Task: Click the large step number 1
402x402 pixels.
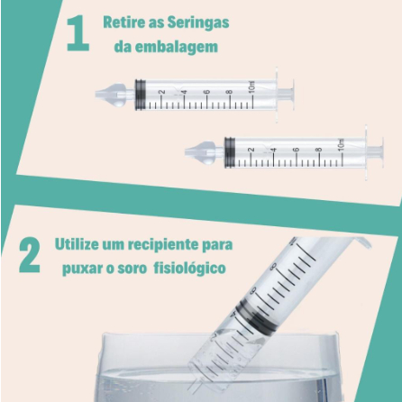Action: (78, 33)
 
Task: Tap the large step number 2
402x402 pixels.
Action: (30, 255)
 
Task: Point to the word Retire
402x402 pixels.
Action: (122, 23)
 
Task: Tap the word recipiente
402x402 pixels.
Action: (160, 245)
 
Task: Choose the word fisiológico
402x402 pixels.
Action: (189, 269)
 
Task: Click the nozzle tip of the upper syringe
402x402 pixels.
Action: (96, 95)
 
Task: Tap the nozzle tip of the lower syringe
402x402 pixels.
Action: (187, 152)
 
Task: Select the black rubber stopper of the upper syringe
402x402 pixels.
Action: (140, 95)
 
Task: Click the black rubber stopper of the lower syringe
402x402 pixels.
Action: (230, 152)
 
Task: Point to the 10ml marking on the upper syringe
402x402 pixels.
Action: (251, 87)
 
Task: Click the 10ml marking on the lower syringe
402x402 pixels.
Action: (342, 144)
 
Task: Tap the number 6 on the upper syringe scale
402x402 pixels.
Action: (207, 92)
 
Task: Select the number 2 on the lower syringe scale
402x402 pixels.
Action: (251, 150)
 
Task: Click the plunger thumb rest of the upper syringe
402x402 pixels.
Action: (292, 95)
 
